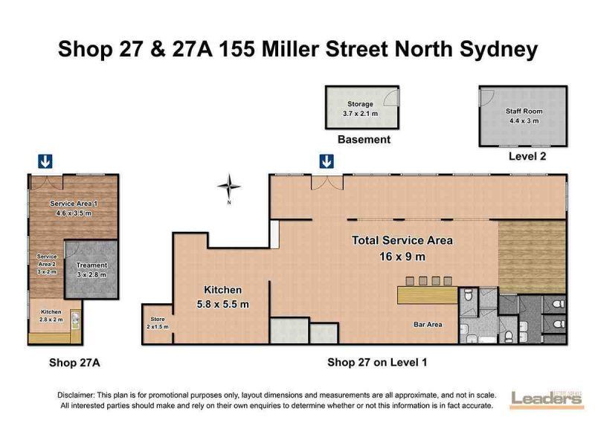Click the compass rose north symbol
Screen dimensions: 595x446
point(229,187)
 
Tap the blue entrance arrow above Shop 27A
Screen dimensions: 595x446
point(45,161)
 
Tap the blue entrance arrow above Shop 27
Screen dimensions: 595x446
point(327,161)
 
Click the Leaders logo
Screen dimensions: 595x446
point(547,400)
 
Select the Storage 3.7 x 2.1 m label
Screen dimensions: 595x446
point(360,109)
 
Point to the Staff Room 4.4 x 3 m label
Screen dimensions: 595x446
point(524,116)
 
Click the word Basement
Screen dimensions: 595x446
point(364,140)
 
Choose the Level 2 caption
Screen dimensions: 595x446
point(527,156)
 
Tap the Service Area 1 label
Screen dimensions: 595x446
point(74,208)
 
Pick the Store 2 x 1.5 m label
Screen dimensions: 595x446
point(158,323)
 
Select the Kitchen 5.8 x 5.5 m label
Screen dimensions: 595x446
point(222,297)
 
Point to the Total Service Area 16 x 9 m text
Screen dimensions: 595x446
point(402,248)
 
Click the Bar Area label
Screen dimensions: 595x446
point(428,325)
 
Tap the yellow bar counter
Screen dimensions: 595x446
point(427,295)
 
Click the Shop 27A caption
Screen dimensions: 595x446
point(74,363)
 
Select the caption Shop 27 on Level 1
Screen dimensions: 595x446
point(377,363)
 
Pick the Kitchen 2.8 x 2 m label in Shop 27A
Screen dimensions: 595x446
point(51,315)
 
